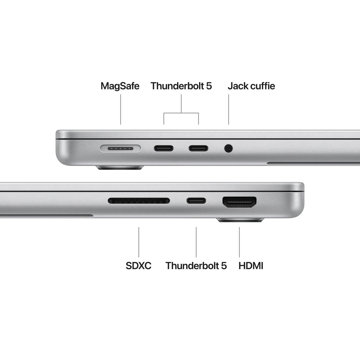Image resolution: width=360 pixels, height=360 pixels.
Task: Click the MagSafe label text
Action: click(120, 86)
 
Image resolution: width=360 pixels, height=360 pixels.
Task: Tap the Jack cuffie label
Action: click(251, 86)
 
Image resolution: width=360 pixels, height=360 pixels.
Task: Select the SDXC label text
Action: click(138, 266)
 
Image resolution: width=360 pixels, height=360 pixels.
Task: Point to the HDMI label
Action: click(251, 266)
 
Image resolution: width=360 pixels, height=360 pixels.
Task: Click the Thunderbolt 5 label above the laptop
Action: click(181, 86)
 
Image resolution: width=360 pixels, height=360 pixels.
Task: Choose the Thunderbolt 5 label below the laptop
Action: click(196, 266)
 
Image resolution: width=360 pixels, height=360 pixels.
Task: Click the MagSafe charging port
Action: click(121, 148)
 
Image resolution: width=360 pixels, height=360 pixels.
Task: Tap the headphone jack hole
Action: click(228, 148)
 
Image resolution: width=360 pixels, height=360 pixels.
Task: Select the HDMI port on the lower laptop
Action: click(239, 202)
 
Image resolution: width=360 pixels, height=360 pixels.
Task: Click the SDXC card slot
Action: click(139, 201)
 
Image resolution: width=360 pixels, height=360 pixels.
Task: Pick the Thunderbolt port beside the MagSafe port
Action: click(164, 148)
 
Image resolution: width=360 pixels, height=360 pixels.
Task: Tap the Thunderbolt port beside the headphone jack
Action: click(198, 148)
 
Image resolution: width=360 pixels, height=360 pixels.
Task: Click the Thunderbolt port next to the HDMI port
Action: click(196, 201)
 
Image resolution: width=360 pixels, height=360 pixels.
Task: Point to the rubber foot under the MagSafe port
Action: click(120, 168)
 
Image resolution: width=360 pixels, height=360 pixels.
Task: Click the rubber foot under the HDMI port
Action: click(240, 220)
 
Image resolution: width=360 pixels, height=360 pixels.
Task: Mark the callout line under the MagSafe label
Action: click(121, 109)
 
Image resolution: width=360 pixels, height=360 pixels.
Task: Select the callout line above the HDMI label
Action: click(239, 242)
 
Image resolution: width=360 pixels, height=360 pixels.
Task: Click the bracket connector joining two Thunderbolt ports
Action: click(181, 113)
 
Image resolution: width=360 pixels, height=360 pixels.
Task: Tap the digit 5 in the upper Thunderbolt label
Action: click(209, 86)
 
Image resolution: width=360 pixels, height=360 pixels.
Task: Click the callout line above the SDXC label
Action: click(139, 242)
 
